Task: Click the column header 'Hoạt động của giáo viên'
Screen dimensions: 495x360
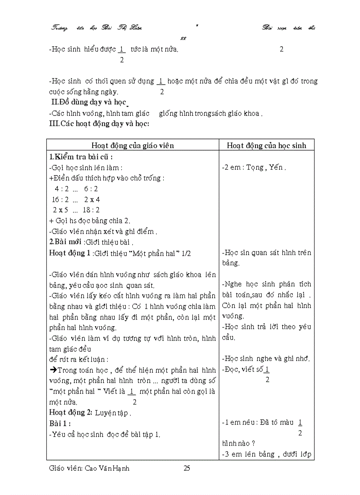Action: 133,145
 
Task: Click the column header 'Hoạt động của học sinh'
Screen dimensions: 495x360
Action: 266,145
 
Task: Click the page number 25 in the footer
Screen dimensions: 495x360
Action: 187,468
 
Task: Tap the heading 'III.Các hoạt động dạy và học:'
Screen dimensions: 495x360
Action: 99,124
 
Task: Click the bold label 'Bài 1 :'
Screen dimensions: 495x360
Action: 60,424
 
